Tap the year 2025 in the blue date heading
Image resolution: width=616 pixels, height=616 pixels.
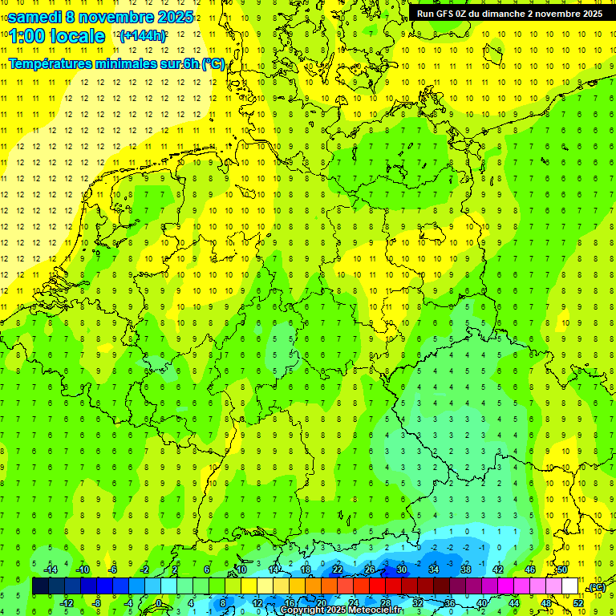[171, 17]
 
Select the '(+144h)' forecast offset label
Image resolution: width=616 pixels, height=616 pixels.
[143, 36]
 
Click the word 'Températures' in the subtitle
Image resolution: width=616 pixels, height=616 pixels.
[55, 64]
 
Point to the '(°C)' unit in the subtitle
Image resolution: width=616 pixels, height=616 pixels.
[213, 64]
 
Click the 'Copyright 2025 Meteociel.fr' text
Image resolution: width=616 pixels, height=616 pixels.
[342, 610]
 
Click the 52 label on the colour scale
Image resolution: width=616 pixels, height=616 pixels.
[578, 603]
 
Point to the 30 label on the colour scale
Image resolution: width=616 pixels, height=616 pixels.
[402, 569]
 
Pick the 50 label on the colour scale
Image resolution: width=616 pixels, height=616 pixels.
[562, 569]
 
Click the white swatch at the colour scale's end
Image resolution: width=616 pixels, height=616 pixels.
[570, 586]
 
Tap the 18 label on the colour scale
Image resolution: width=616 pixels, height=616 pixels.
[306, 569]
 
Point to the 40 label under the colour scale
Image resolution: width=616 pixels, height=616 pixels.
[482, 603]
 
